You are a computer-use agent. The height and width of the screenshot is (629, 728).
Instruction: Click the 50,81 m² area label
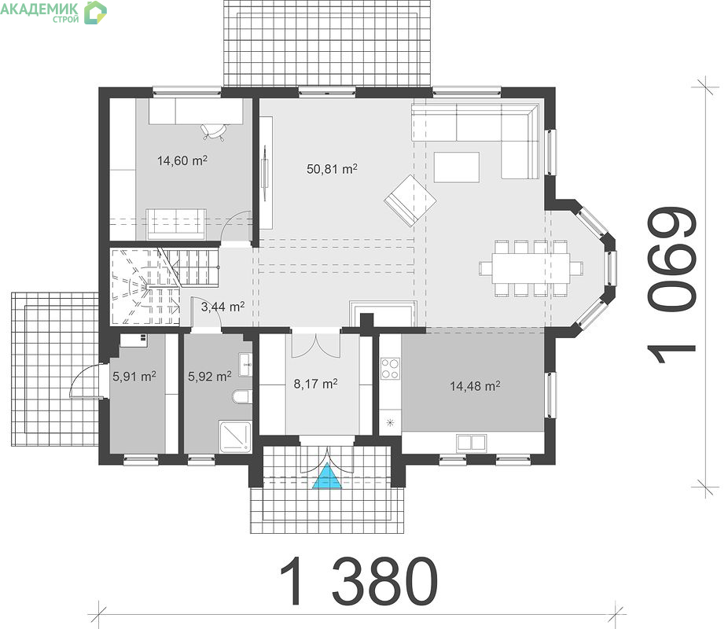(x=332, y=168)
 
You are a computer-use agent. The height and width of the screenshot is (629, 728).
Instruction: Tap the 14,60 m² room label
(x=182, y=160)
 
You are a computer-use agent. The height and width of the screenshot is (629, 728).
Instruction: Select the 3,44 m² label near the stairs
(x=222, y=307)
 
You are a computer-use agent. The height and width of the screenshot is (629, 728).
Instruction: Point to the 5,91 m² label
(x=134, y=376)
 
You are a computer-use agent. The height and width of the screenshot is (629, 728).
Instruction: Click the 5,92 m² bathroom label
(x=209, y=376)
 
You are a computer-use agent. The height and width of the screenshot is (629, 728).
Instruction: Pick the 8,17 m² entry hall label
(x=316, y=384)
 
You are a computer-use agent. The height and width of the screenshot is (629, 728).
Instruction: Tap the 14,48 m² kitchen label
(x=475, y=386)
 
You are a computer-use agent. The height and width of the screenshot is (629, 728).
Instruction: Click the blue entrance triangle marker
(x=327, y=476)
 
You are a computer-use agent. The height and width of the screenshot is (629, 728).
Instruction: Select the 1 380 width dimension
(x=359, y=581)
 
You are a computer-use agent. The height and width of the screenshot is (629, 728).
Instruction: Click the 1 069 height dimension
(x=671, y=285)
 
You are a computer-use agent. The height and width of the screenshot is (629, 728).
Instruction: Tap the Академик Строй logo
(x=53, y=12)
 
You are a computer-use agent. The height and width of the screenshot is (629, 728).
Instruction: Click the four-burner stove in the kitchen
(x=390, y=369)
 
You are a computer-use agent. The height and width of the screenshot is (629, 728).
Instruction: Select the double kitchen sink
(x=471, y=443)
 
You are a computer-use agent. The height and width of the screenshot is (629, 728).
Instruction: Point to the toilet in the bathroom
(x=241, y=397)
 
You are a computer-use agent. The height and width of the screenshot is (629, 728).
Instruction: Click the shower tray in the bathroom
(x=235, y=436)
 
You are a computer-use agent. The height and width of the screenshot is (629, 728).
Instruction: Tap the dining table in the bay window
(x=531, y=268)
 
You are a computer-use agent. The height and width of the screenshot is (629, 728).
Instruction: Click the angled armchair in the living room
(x=410, y=200)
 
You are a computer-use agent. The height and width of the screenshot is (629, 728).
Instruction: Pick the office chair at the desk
(x=215, y=131)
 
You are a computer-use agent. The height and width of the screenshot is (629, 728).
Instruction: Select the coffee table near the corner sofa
(x=457, y=167)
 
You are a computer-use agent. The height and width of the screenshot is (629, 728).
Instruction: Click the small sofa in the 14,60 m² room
(x=176, y=224)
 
